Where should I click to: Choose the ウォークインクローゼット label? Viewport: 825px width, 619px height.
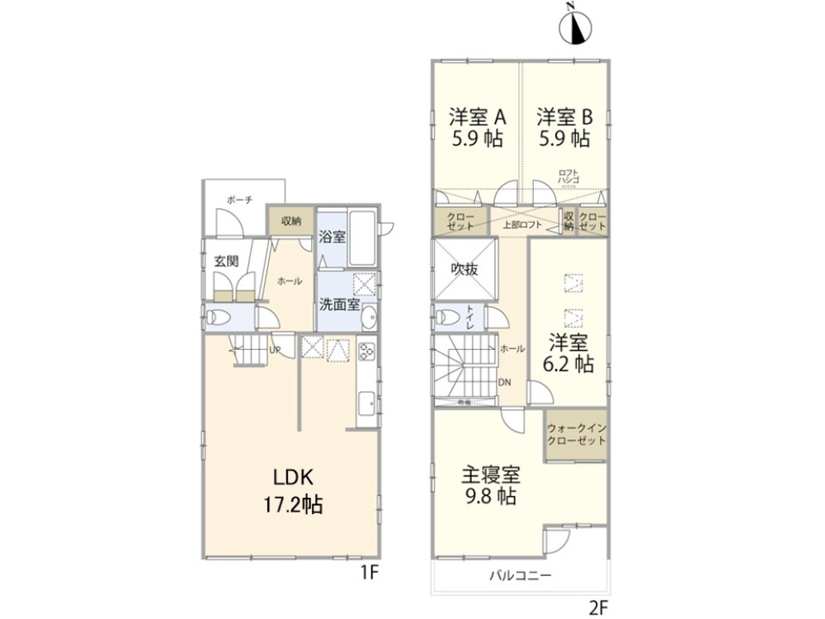click(576, 434)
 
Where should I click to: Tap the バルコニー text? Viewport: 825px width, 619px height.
click(519, 575)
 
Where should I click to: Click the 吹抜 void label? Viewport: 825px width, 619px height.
click(464, 269)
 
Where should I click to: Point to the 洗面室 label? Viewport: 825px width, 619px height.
click(338, 304)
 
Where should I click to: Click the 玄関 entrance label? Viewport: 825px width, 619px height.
click(227, 261)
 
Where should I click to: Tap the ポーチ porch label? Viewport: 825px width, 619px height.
click(240, 200)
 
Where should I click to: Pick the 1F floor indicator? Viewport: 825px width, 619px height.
click(369, 570)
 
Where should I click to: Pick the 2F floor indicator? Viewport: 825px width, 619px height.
click(599, 607)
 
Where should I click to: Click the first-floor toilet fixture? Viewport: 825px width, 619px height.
click(219, 317)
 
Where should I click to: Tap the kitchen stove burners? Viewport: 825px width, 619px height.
click(367, 352)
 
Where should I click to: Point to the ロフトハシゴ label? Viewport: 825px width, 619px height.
click(568, 177)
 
